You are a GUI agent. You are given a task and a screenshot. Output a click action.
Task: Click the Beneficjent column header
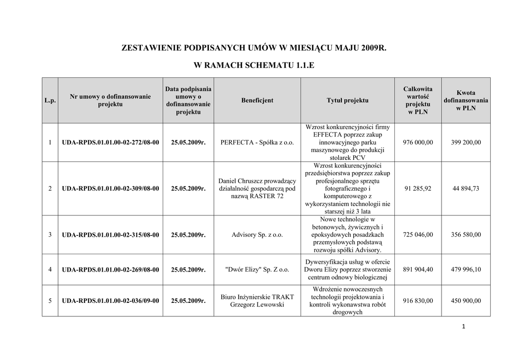(257, 100)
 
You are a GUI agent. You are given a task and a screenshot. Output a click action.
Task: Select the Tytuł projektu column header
(347, 100)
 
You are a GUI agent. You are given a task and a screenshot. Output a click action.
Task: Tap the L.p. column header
(50, 100)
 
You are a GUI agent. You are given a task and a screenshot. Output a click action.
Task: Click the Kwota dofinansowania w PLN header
(466, 100)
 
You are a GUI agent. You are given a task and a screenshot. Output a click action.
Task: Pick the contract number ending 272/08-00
(111, 143)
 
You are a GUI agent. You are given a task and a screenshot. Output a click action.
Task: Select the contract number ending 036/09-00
(111, 301)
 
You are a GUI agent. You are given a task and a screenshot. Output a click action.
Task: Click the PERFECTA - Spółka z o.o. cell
(257, 143)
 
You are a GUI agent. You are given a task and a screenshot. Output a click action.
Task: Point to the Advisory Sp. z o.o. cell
(257, 235)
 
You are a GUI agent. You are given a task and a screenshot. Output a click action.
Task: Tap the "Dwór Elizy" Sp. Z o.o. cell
(257, 270)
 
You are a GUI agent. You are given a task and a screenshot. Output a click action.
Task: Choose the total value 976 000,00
(418, 143)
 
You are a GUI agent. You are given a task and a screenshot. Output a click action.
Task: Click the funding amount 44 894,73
(466, 189)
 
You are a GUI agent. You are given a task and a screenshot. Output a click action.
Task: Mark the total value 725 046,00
(418, 235)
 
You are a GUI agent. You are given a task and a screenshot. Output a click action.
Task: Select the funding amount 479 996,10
(466, 270)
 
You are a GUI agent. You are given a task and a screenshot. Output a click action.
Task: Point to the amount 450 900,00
(466, 301)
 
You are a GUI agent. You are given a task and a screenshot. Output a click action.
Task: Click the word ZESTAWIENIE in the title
(152, 48)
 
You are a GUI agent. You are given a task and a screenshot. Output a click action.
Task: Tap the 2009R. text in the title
(374, 48)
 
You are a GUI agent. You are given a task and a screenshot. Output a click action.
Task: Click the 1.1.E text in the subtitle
(305, 65)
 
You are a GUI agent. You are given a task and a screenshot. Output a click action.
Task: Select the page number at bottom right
(463, 326)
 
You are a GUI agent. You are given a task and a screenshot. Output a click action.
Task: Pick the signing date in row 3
(188, 235)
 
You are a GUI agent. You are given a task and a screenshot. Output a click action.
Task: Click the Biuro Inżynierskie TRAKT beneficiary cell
(257, 301)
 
